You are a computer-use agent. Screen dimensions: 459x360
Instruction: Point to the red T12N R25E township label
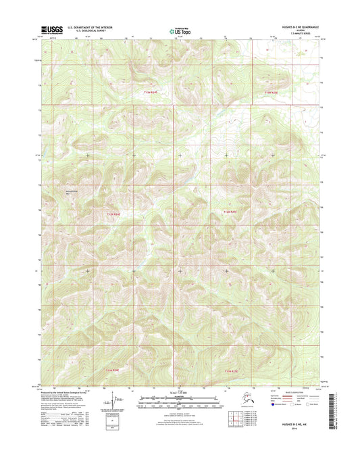[230, 212]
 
